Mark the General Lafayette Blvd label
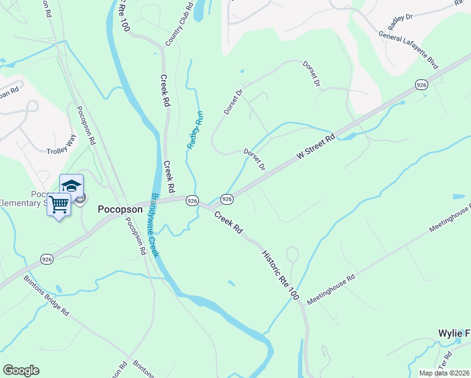pyautogui.click(x=408, y=47)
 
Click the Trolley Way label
pyautogui.click(x=60, y=151)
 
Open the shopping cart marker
pyautogui.click(x=58, y=203)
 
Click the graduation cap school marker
pyautogui.click(x=71, y=185)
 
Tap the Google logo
pyautogui.click(x=21, y=370)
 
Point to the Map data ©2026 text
pyautogui.click(x=444, y=373)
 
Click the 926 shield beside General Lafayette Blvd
pyautogui.click(x=421, y=84)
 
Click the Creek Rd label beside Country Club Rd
pyautogui.click(x=166, y=91)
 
